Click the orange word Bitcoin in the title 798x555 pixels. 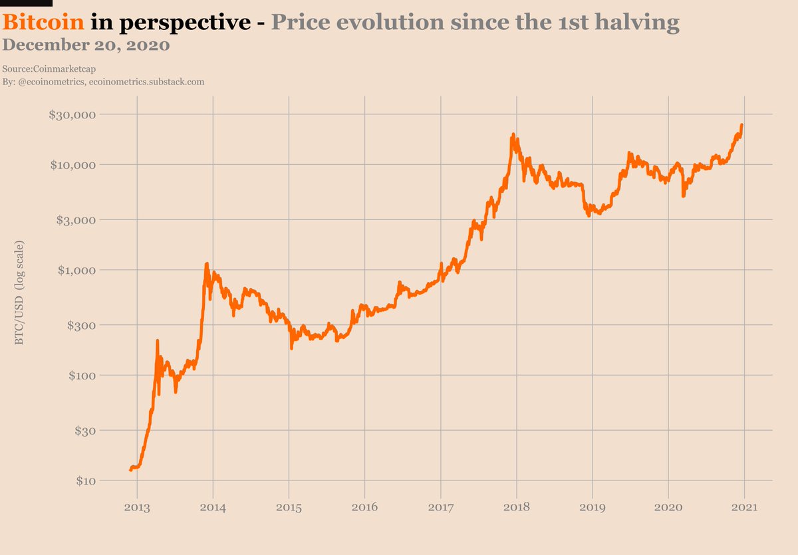[x=44, y=23]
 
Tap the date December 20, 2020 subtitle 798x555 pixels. [x=86, y=45]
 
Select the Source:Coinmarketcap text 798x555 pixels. [x=53, y=69]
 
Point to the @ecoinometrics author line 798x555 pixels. [x=103, y=81]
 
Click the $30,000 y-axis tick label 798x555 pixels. [x=73, y=114]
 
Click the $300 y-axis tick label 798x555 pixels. [x=81, y=325]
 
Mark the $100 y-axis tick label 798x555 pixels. [x=81, y=375]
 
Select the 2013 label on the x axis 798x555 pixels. [x=137, y=508]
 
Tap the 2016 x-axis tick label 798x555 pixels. [x=364, y=508]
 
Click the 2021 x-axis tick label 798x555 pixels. [x=743, y=508]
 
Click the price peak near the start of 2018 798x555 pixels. [x=513, y=135]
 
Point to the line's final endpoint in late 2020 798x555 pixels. [x=741, y=125]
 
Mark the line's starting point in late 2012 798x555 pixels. [x=130, y=470]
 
